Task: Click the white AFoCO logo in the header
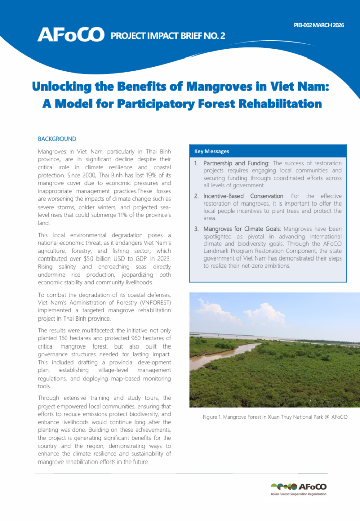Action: click(70, 35)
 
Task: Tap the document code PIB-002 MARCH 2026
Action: click(319, 25)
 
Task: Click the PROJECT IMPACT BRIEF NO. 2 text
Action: click(168, 36)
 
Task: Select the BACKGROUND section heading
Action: click(57, 139)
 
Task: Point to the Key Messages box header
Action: click(212, 151)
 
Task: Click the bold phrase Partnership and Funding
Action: click(236, 163)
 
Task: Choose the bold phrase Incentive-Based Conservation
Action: click(243, 196)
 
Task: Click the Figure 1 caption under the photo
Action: click(275, 417)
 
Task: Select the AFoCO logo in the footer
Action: click(299, 486)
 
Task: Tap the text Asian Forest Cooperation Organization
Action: click(298, 494)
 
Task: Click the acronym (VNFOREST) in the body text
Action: click(148, 302)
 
